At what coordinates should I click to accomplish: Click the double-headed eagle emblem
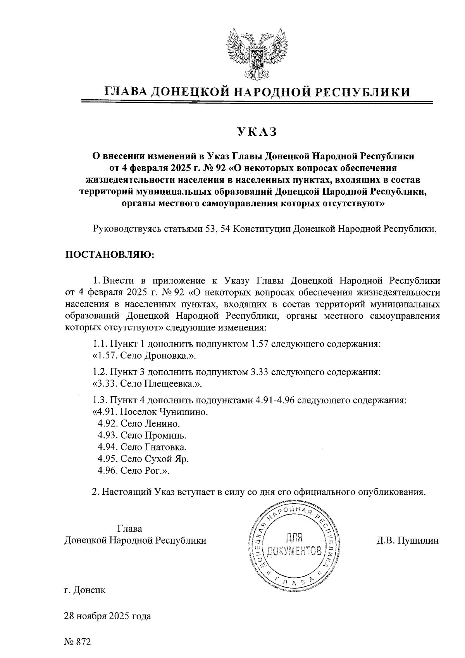tap(255, 54)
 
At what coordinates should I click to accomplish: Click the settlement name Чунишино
tap(182, 411)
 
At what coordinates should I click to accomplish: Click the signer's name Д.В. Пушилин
tap(407, 540)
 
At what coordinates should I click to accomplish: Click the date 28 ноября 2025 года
tap(108, 616)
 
